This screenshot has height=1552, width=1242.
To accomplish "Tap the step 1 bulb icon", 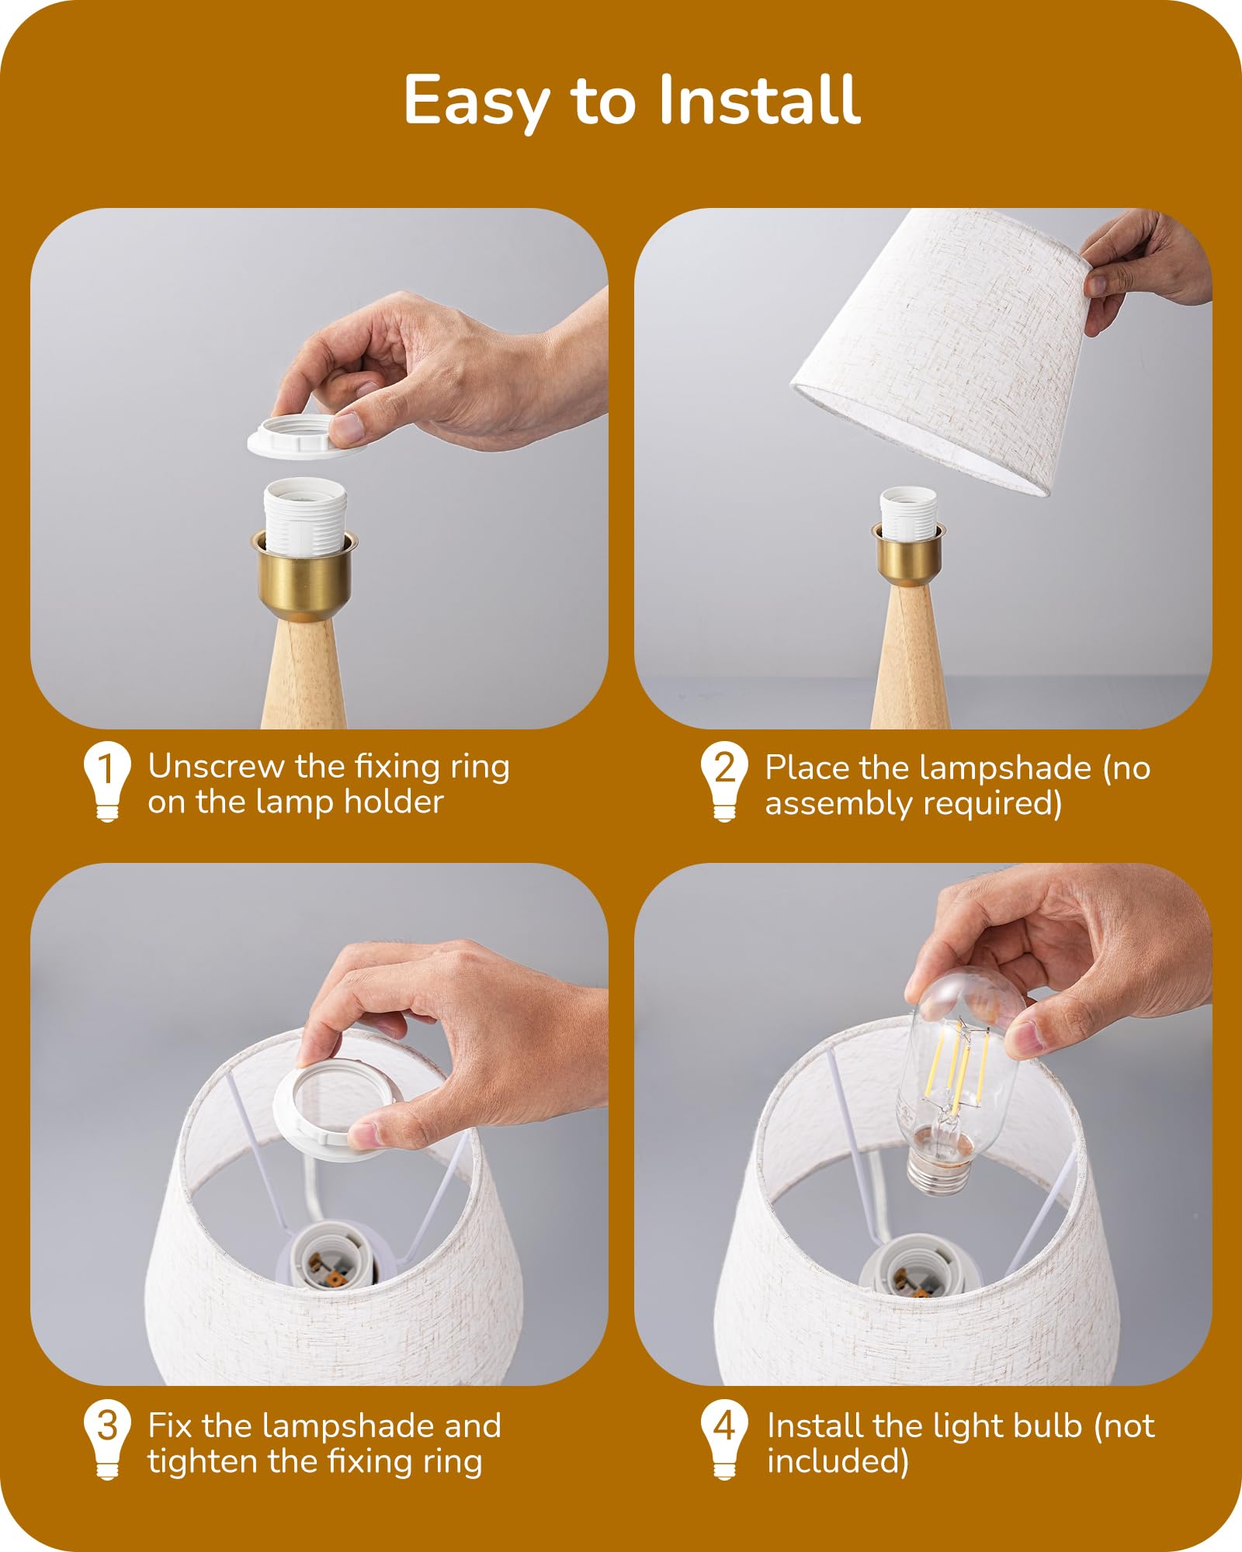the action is click(107, 781).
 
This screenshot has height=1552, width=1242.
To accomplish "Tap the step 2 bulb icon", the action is click(724, 781).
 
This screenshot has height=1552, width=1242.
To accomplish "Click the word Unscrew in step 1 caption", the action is click(217, 767).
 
